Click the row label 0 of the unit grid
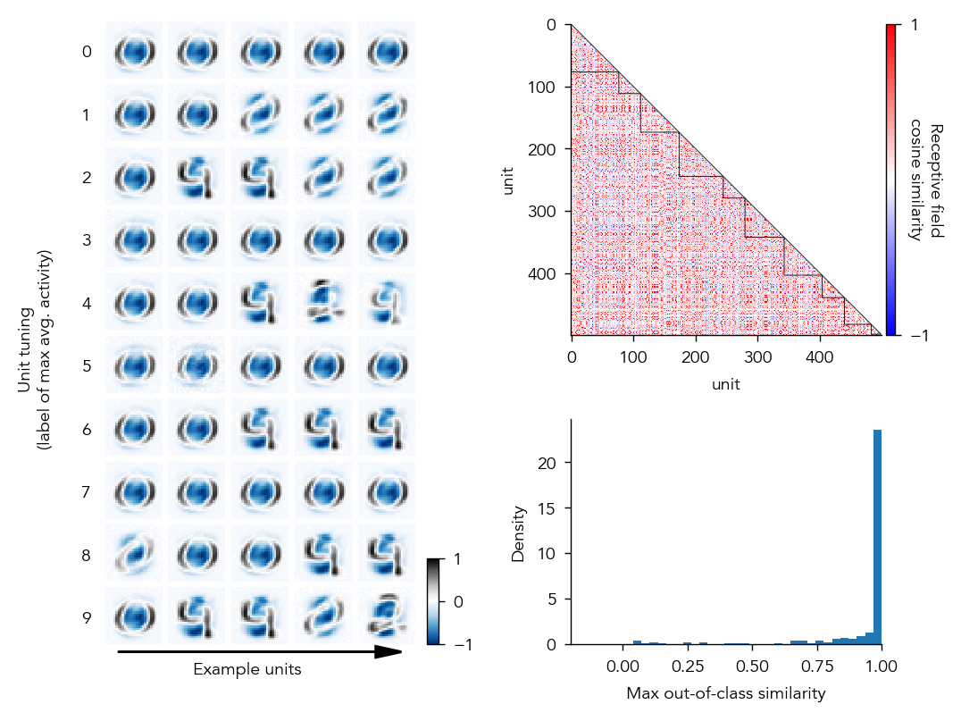[x=87, y=52]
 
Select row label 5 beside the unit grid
[x=87, y=366]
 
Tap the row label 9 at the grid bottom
[x=87, y=617]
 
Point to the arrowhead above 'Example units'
[x=389, y=652]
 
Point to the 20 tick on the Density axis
[x=553, y=463]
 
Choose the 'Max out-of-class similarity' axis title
[x=725, y=693]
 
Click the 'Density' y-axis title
[x=518, y=533]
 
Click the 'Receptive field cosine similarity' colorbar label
[x=928, y=181]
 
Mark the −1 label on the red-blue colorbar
[x=914, y=336]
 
